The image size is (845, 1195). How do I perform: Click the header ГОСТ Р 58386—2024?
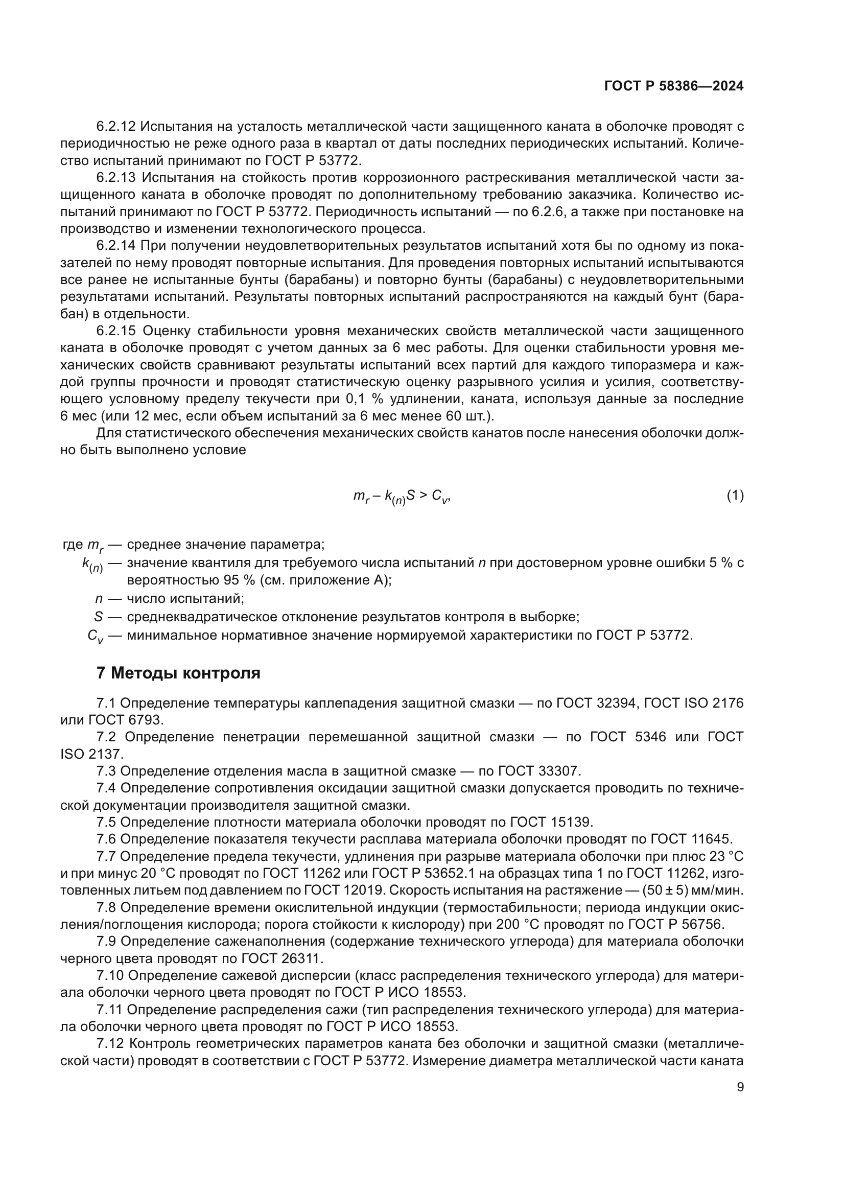[674, 86]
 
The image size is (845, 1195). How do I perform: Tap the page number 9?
[740, 1087]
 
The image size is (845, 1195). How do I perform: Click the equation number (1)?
[735, 496]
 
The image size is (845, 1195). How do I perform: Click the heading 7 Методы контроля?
[178, 673]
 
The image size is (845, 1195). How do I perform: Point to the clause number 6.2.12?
[115, 127]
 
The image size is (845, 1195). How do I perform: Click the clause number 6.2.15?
[115, 331]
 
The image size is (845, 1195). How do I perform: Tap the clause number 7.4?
[106, 788]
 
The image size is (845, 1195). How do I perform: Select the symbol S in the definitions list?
[98, 617]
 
